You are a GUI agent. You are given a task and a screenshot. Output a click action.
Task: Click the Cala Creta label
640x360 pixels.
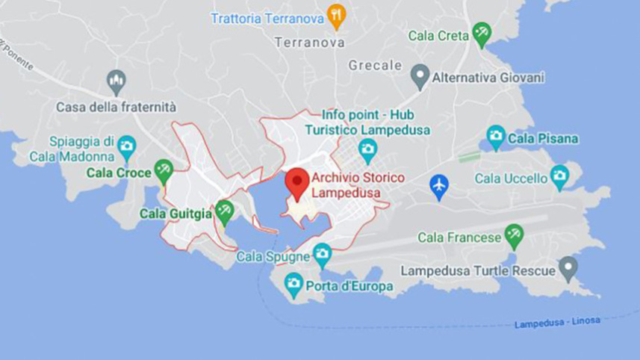pos(438,35)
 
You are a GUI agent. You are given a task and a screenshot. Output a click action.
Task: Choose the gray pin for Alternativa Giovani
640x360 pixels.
pos(420,75)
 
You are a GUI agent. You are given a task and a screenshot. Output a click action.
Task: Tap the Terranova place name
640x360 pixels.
pos(310,43)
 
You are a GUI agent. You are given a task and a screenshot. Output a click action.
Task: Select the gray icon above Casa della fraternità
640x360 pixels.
pos(116,79)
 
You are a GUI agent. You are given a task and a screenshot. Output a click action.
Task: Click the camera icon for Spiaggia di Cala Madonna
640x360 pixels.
pos(127,145)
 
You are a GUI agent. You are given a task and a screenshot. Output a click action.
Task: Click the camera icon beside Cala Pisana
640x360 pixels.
pos(496,137)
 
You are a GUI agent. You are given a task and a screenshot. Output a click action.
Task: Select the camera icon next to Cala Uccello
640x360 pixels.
pos(559,176)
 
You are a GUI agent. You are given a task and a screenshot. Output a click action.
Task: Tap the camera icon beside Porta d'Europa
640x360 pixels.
pos(293,283)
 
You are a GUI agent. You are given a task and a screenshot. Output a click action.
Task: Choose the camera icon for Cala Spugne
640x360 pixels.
pos(322,253)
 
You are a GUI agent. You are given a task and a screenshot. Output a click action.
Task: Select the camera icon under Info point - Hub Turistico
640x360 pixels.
pos(367,149)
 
